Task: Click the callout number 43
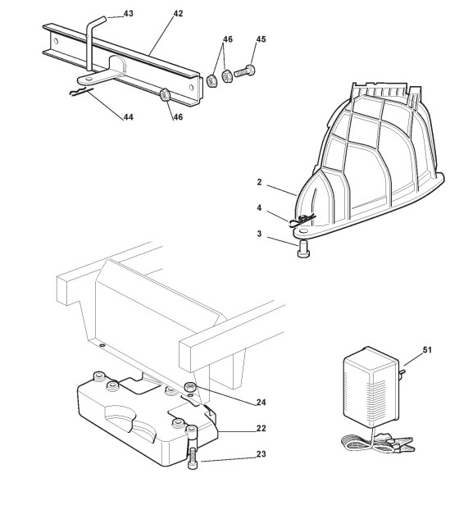(128, 14)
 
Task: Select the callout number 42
(178, 14)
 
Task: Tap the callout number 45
(261, 39)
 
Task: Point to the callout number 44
(129, 117)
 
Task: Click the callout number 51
(427, 350)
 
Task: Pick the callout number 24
(261, 403)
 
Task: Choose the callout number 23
(261, 454)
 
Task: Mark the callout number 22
(261, 428)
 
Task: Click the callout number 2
(259, 182)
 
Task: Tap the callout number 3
(259, 234)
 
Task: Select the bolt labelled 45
(244, 71)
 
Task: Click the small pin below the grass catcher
(303, 249)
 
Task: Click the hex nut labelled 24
(190, 386)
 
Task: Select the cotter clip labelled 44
(81, 91)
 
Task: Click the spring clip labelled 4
(302, 221)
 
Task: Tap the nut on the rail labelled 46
(165, 94)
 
